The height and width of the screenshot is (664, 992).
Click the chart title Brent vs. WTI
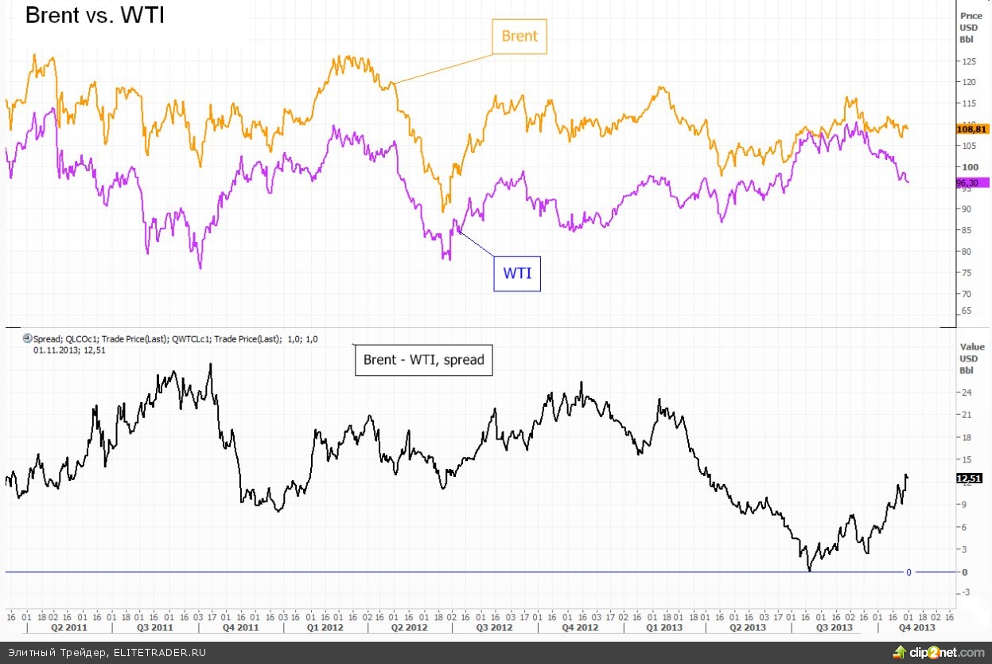click(x=95, y=15)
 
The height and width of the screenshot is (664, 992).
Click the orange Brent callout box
click(x=519, y=36)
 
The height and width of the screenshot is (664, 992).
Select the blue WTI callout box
click(x=516, y=274)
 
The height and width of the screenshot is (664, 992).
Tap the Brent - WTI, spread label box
click(x=423, y=360)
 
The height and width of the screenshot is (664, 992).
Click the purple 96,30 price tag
click(x=969, y=182)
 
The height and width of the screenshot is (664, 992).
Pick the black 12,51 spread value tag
click(x=968, y=478)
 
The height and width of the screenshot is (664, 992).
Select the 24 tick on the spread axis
click(x=967, y=393)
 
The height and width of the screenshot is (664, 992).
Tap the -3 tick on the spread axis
click(x=966, y=592)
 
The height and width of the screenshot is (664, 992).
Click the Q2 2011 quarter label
click(x=68, y=627)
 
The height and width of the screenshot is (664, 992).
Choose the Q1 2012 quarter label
click(x=326, y=627)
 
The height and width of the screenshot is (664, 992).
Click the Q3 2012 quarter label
click(x=494, y=627)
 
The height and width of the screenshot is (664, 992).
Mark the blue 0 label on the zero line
click(x=908, y=572)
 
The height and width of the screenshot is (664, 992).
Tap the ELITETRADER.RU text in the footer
click(x=159, y=652)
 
